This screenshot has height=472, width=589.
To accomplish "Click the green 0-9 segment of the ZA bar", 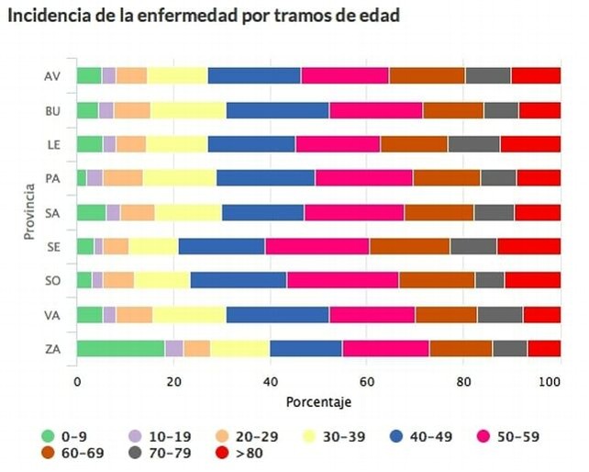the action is tap(121, 348).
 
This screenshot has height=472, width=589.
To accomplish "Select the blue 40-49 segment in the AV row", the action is tap(255, 75).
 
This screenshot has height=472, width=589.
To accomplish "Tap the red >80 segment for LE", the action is tap(531, 144).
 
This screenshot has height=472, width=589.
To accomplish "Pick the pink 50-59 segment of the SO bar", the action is tap(343, 280).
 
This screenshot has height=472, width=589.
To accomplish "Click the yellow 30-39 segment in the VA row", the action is tap(189, 314).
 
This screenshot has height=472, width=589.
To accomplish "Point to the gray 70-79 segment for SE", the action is tap(474, 246).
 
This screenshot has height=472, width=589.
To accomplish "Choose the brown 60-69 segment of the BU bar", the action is tap(453, 110).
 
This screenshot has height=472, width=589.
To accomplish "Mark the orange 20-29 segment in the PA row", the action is tap(123, 178).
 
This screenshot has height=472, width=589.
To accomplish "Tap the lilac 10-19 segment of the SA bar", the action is tap(114, 213).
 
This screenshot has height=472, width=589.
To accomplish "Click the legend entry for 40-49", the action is tap(421, 437).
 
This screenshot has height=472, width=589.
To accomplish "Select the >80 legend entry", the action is tap(239, 453).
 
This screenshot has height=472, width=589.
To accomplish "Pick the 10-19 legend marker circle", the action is tap(135, 437).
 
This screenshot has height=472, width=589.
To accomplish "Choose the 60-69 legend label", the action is tap(83, 453).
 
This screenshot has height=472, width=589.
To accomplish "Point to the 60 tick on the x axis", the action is tap(367, 382).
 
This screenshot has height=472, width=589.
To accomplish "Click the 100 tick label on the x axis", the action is tap(550, 382).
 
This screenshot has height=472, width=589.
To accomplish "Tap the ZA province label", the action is tap(52, 349).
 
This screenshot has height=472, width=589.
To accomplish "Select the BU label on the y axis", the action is tap(52, 111).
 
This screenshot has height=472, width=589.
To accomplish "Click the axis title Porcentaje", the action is tap(318, 402).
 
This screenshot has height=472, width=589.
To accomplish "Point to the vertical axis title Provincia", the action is tap(29, 212).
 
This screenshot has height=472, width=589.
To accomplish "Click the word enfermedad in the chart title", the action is tap(186, 16).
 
